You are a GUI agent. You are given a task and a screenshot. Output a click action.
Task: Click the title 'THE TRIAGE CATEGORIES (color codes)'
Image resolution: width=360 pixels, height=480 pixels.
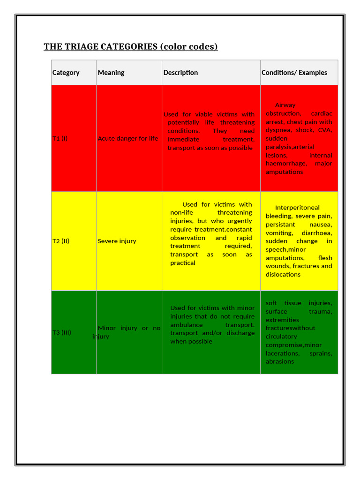click(130, 46)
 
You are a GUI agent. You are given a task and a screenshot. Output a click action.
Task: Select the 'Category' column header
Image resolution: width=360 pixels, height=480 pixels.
click(66, 73)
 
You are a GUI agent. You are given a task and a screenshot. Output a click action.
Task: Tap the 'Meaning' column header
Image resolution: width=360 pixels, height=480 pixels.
click(111, 73)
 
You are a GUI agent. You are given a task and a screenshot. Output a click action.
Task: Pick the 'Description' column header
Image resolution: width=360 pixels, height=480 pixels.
click(180, 73)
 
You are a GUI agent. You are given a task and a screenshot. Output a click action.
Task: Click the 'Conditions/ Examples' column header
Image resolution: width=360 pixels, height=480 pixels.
click(294, 73)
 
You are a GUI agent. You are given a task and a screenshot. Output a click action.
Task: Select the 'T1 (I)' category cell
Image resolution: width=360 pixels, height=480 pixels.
click(60, 138)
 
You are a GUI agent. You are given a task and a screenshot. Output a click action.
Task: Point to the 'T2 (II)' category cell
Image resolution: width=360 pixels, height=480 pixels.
click(61, 241)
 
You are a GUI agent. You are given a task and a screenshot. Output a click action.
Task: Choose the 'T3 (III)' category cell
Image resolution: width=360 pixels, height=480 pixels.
click(62, 332)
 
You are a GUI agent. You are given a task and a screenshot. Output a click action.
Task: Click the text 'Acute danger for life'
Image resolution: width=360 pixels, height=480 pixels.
click(128, 138)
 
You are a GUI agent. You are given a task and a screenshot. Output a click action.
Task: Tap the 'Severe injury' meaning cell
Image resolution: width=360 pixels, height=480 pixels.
click(117, 241)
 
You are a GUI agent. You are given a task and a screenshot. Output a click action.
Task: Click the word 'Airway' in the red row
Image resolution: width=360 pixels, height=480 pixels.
click(285, 105)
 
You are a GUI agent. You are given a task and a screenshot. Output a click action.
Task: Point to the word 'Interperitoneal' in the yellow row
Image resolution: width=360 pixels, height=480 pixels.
click(297, 208)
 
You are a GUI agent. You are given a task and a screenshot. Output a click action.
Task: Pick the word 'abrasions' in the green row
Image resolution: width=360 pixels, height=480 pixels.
click(280, 361)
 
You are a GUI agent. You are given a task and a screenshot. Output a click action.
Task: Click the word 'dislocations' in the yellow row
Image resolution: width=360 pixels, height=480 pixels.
click(283, 274)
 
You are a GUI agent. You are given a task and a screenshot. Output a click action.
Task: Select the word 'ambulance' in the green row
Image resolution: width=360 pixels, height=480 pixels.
click(187, 324)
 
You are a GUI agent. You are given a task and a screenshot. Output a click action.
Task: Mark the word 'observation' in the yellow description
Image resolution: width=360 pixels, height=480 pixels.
click(187, 238)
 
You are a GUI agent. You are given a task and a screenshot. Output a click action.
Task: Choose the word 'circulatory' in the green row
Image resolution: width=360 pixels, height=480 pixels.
click(281, 336)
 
